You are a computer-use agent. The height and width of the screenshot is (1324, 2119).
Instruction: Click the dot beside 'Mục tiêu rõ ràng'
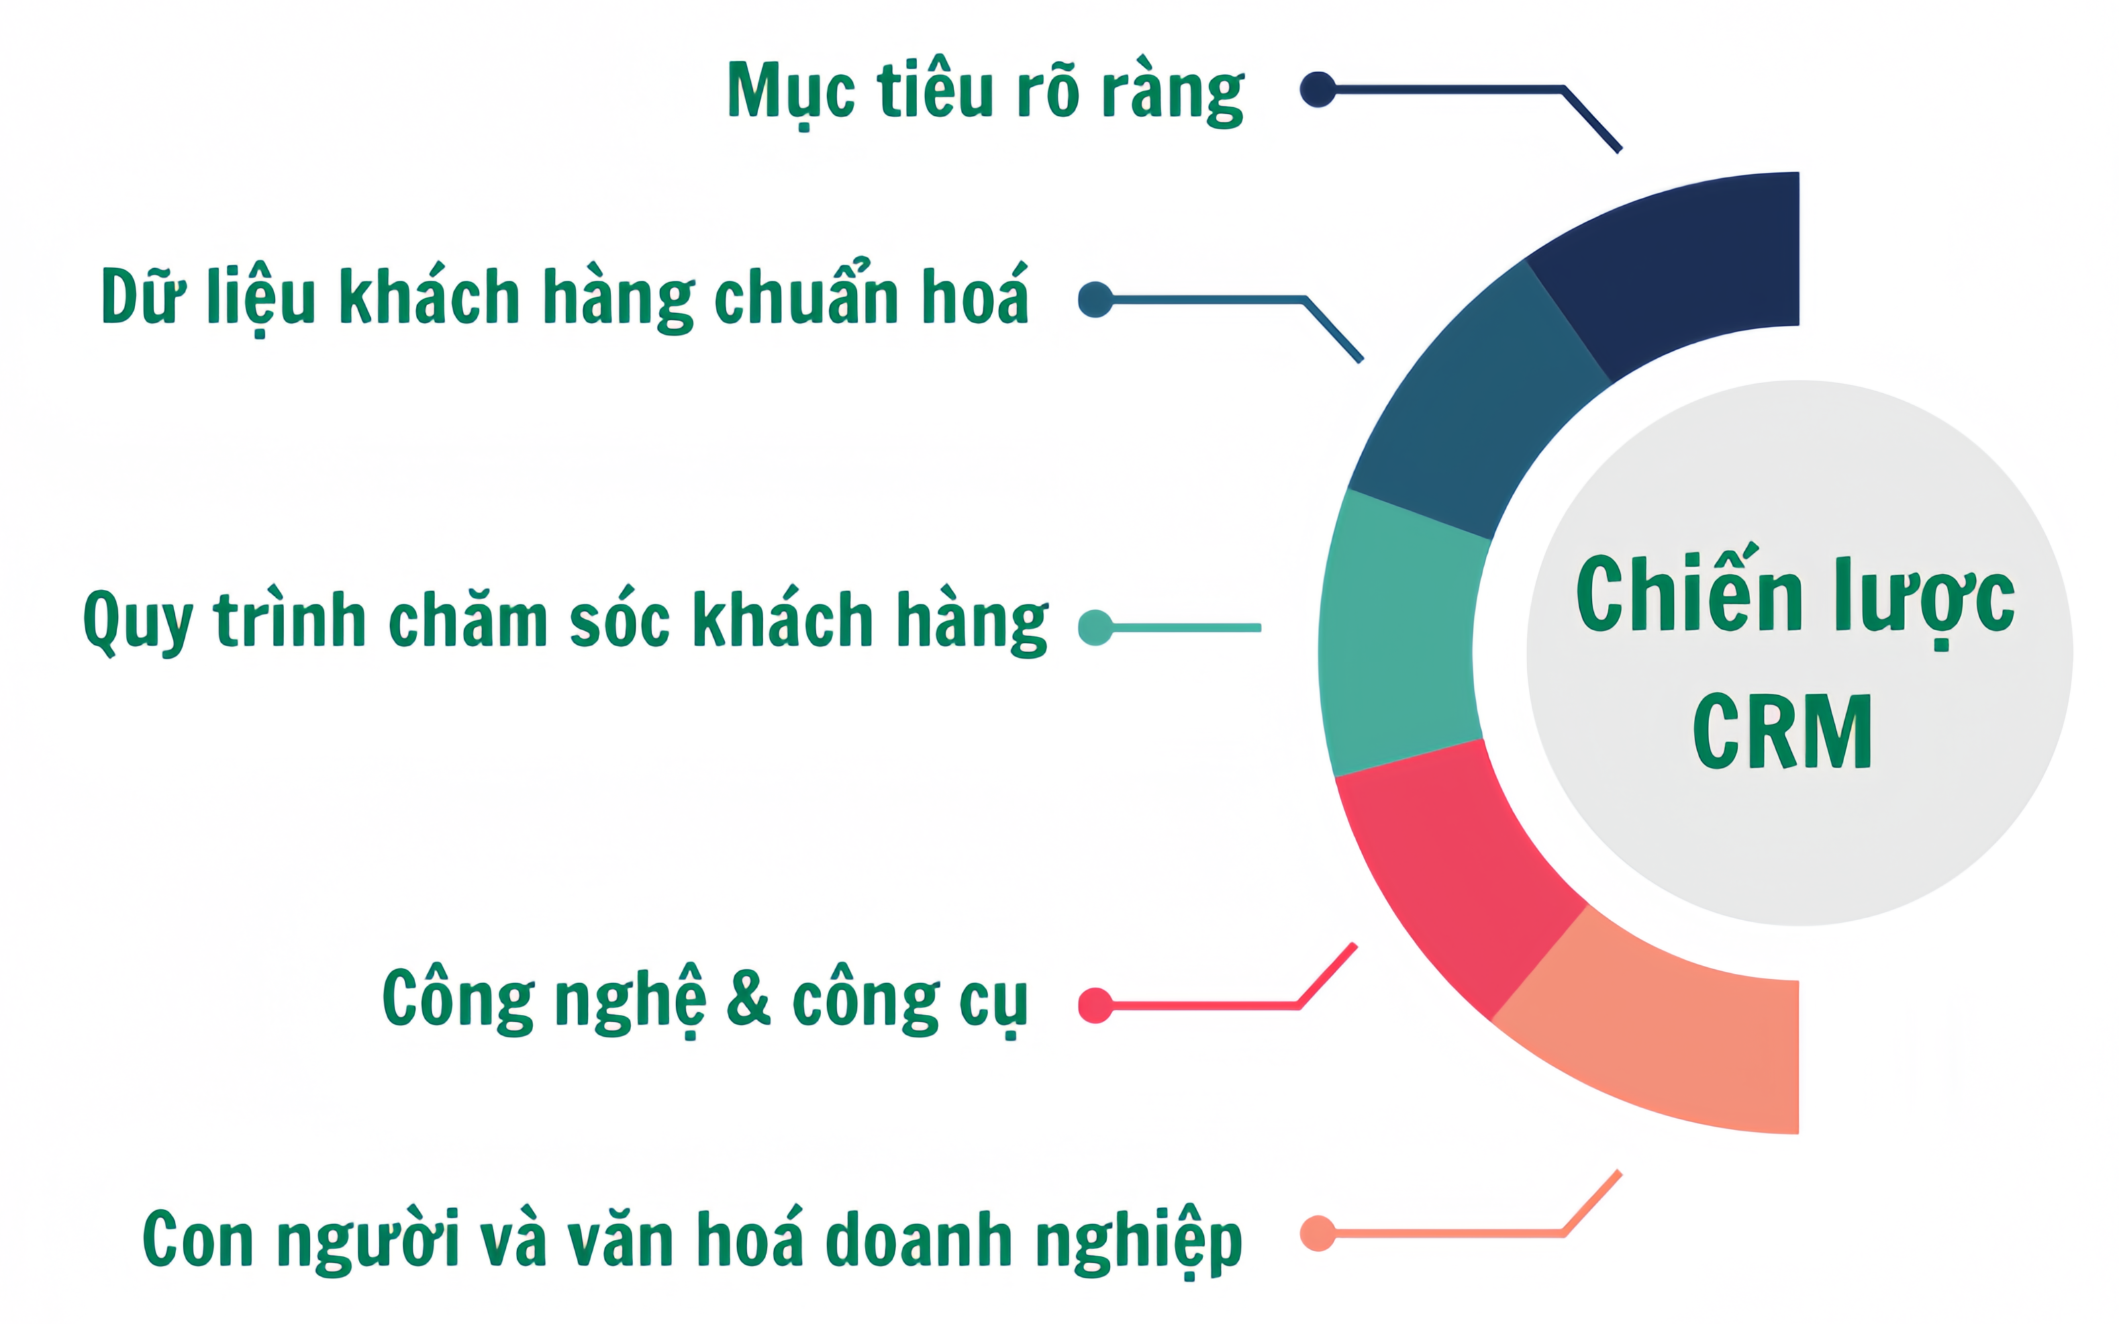tap(1318, 89)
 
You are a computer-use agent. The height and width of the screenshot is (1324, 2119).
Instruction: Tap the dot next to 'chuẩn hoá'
tap(1095, 299)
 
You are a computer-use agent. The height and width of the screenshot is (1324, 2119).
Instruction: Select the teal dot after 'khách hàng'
tap(1095, 628)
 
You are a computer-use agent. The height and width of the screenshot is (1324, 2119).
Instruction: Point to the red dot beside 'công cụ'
tap(1095, 1006)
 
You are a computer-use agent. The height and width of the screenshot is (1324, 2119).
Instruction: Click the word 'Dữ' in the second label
tap(143, 295)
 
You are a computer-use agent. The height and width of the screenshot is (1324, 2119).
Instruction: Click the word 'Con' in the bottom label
tap(198, 1239)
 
